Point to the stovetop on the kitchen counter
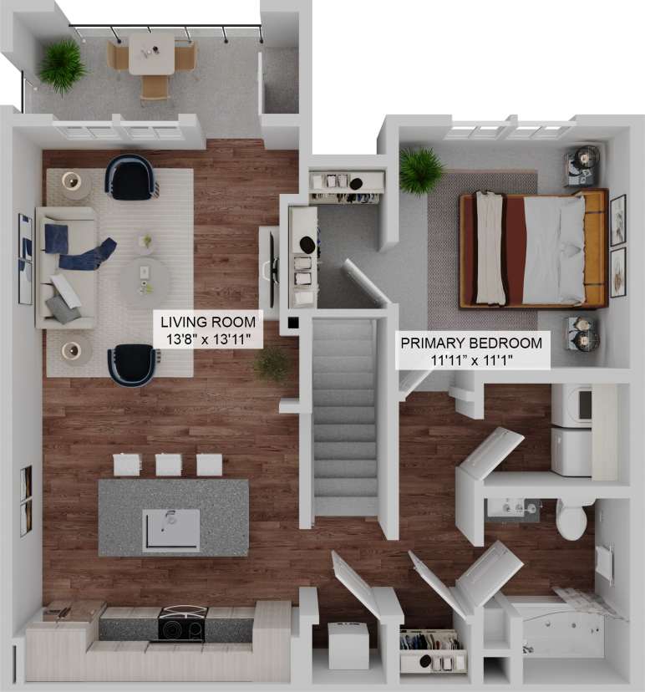[x=181, y=623]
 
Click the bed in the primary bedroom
[x=532, y=249]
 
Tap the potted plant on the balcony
[x=61, y=66]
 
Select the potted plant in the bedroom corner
[x=421, y=170]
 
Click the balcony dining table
[x=152, y=55]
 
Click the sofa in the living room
[x=63, y=267]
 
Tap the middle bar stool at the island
[x=168, y=464]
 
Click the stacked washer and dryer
[x=572, y=430]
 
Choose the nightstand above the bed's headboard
[x=583, y=165]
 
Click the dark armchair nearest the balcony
[x=130, y=177]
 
